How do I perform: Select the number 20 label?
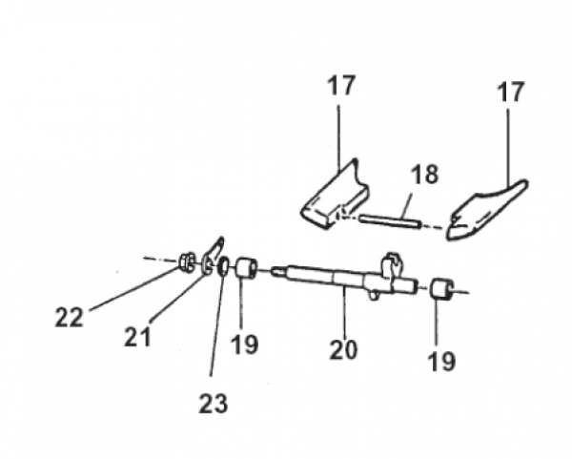[343, 349]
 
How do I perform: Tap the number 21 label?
[137, 335]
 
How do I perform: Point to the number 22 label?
[69, 317]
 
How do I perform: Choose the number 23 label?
[214, 403]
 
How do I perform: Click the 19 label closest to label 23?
[244, 343]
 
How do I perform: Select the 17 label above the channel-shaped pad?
[341, 86]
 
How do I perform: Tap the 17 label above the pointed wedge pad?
[510, 94]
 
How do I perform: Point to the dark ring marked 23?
[224, 267]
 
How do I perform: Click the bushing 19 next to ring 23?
[248, 268]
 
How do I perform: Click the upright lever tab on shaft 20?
[390, 263]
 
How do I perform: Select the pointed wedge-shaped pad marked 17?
[486, 211]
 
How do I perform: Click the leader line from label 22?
[124, 289]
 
